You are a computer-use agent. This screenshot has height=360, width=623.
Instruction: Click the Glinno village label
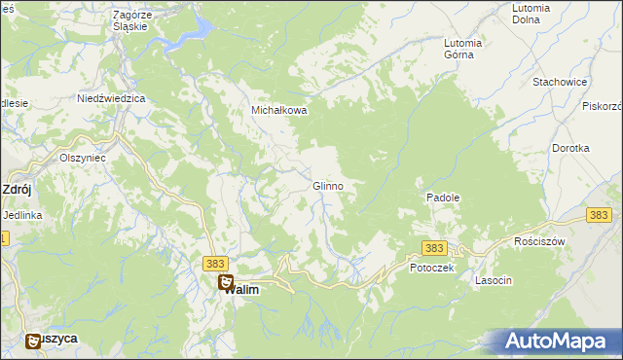tap(327, 186)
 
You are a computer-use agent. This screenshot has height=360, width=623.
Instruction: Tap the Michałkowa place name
tap(280, 111)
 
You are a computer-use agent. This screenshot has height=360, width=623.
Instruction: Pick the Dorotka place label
tap(570, 148)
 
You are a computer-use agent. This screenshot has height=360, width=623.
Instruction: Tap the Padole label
tap(443, 198)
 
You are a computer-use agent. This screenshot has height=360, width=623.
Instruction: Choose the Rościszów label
tap(539, 240)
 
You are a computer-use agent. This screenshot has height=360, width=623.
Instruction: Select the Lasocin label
tap(494, 280)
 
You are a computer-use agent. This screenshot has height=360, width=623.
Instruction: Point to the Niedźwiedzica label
tap(111, 99)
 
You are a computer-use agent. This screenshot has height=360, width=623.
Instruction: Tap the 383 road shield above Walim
tap(216, 264)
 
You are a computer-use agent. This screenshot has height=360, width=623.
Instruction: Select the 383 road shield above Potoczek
tap(434, 248)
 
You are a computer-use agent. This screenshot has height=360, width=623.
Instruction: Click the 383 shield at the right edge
tap(600, 215)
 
